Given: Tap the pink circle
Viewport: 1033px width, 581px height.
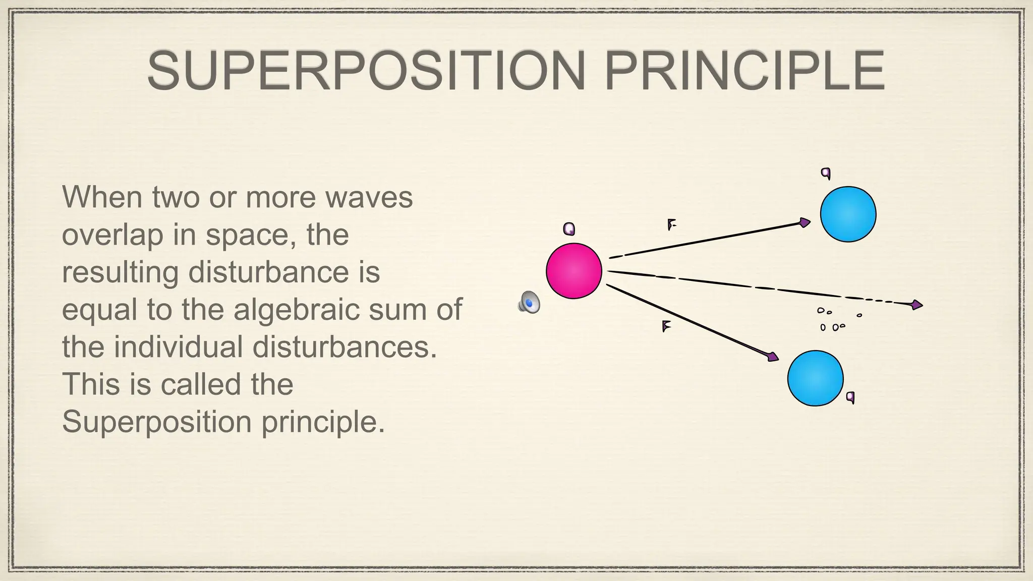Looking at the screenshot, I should click(574, 271).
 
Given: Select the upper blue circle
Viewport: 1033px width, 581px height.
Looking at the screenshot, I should click(848, 214).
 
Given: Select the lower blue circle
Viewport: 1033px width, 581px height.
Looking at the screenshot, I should click(815, 378).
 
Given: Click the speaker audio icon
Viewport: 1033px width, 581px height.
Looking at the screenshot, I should click(529, 303).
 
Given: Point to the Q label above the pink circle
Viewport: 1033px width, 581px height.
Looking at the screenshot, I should click(569, 229).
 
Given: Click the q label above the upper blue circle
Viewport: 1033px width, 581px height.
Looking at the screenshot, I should click(826, 173).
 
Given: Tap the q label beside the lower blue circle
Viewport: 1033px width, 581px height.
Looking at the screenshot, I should click(850, 397).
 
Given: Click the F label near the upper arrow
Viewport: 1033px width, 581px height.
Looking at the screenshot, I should click(671, 224).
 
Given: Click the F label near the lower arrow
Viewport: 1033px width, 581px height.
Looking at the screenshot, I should click(666, 327).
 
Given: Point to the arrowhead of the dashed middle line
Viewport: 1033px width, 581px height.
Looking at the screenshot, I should click(917, 305).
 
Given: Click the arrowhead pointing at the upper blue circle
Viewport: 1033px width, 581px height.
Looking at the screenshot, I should click(805, 222).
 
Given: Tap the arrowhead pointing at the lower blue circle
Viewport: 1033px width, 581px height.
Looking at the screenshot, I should click(773, 357).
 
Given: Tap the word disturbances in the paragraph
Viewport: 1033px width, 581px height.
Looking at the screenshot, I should click(345, 347).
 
